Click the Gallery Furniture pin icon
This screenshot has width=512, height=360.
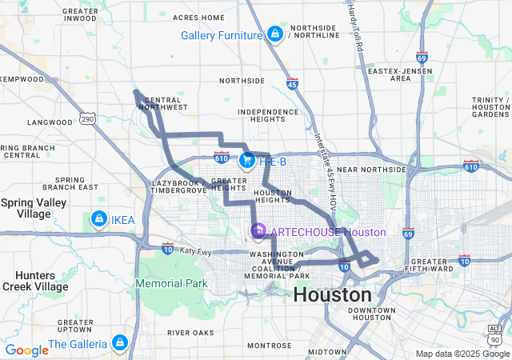(274, 34)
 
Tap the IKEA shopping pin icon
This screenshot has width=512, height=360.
(98, 218)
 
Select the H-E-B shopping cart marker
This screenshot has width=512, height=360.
(246, 161)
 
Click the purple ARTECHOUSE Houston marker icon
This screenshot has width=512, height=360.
(258, 232)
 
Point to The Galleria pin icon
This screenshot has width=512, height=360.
(120, 343)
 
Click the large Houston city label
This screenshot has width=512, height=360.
(331, 294)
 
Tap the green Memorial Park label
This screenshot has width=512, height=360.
(171, 283)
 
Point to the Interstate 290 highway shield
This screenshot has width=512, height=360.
(87, 118)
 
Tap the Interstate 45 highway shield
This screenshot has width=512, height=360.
(292, 83)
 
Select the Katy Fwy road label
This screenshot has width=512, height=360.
(196, 251)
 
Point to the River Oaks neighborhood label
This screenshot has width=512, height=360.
(191, 332)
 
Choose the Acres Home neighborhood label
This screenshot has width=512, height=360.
(198, 17)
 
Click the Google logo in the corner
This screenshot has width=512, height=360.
(26, 350)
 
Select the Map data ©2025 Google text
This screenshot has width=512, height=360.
(462, 354)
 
